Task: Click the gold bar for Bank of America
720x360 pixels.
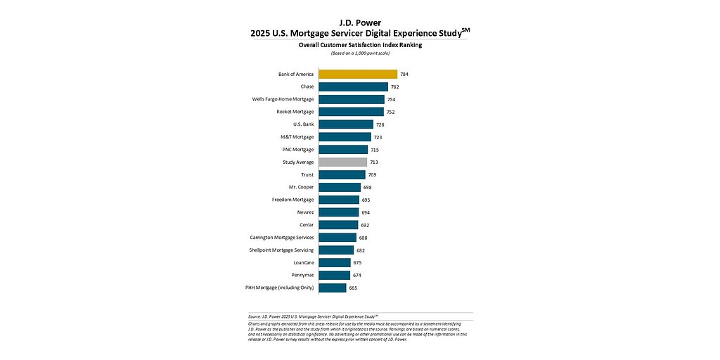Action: (358, 74)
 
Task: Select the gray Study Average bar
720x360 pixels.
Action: (342, 162)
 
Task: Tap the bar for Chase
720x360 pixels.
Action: (353, 86)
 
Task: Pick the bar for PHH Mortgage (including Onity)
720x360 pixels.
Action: (332, 288)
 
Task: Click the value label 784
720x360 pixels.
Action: (404, 74)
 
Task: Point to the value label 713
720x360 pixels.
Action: (374, 162)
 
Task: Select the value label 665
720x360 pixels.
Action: (353, 288)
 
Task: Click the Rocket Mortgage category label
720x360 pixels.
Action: (295, 112)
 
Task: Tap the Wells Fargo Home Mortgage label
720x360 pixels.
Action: (283, 99)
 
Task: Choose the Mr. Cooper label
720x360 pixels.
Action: (302, 187)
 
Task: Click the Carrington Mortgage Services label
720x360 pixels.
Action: (282, 238)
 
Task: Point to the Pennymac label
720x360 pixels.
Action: (303, 275)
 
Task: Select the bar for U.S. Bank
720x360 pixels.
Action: (346, 124)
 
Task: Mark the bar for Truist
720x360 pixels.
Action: (342, 174)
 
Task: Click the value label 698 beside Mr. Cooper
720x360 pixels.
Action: (367, 187)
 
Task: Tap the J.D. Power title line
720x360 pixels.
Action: (360, 22)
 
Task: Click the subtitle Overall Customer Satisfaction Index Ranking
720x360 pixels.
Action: (359, 44)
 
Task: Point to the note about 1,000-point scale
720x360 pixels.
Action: (359, 53)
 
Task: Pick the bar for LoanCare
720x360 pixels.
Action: (334, 262)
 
